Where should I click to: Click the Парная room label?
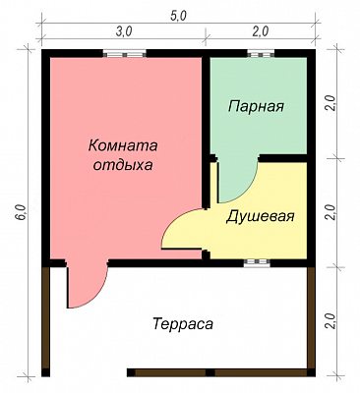[x=256, y=106]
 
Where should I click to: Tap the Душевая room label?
[x=260, y=216]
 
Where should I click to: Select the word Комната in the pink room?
[x=123, y=145]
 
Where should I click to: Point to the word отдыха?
[x=123, y=165]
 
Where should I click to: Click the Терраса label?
[x=183, y=324]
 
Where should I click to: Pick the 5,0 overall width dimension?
[x=178, y=16]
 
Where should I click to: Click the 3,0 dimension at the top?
[x=124, y=31]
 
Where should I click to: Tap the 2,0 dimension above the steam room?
[x=261, y=31]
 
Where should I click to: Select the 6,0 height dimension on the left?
[x=22, y=212]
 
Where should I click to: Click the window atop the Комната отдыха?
[x=125, y=53]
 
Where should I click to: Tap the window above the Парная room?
[x=261, y=53]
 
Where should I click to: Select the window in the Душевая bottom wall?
[x=258, y=262]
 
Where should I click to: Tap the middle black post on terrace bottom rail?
[x=210, y=372]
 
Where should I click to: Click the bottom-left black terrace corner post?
[x=46, y=372]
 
